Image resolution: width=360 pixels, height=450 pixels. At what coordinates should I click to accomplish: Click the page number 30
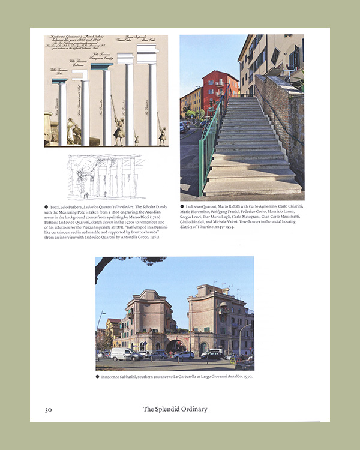(x=49, y=410)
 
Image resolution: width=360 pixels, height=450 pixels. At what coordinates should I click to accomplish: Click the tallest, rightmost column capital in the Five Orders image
(x=146, y=55)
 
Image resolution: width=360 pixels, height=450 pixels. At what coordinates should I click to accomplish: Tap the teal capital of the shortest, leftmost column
(x=59, y=81)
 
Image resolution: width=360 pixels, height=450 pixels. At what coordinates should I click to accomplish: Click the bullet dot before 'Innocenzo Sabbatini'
(x=97, y=377)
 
